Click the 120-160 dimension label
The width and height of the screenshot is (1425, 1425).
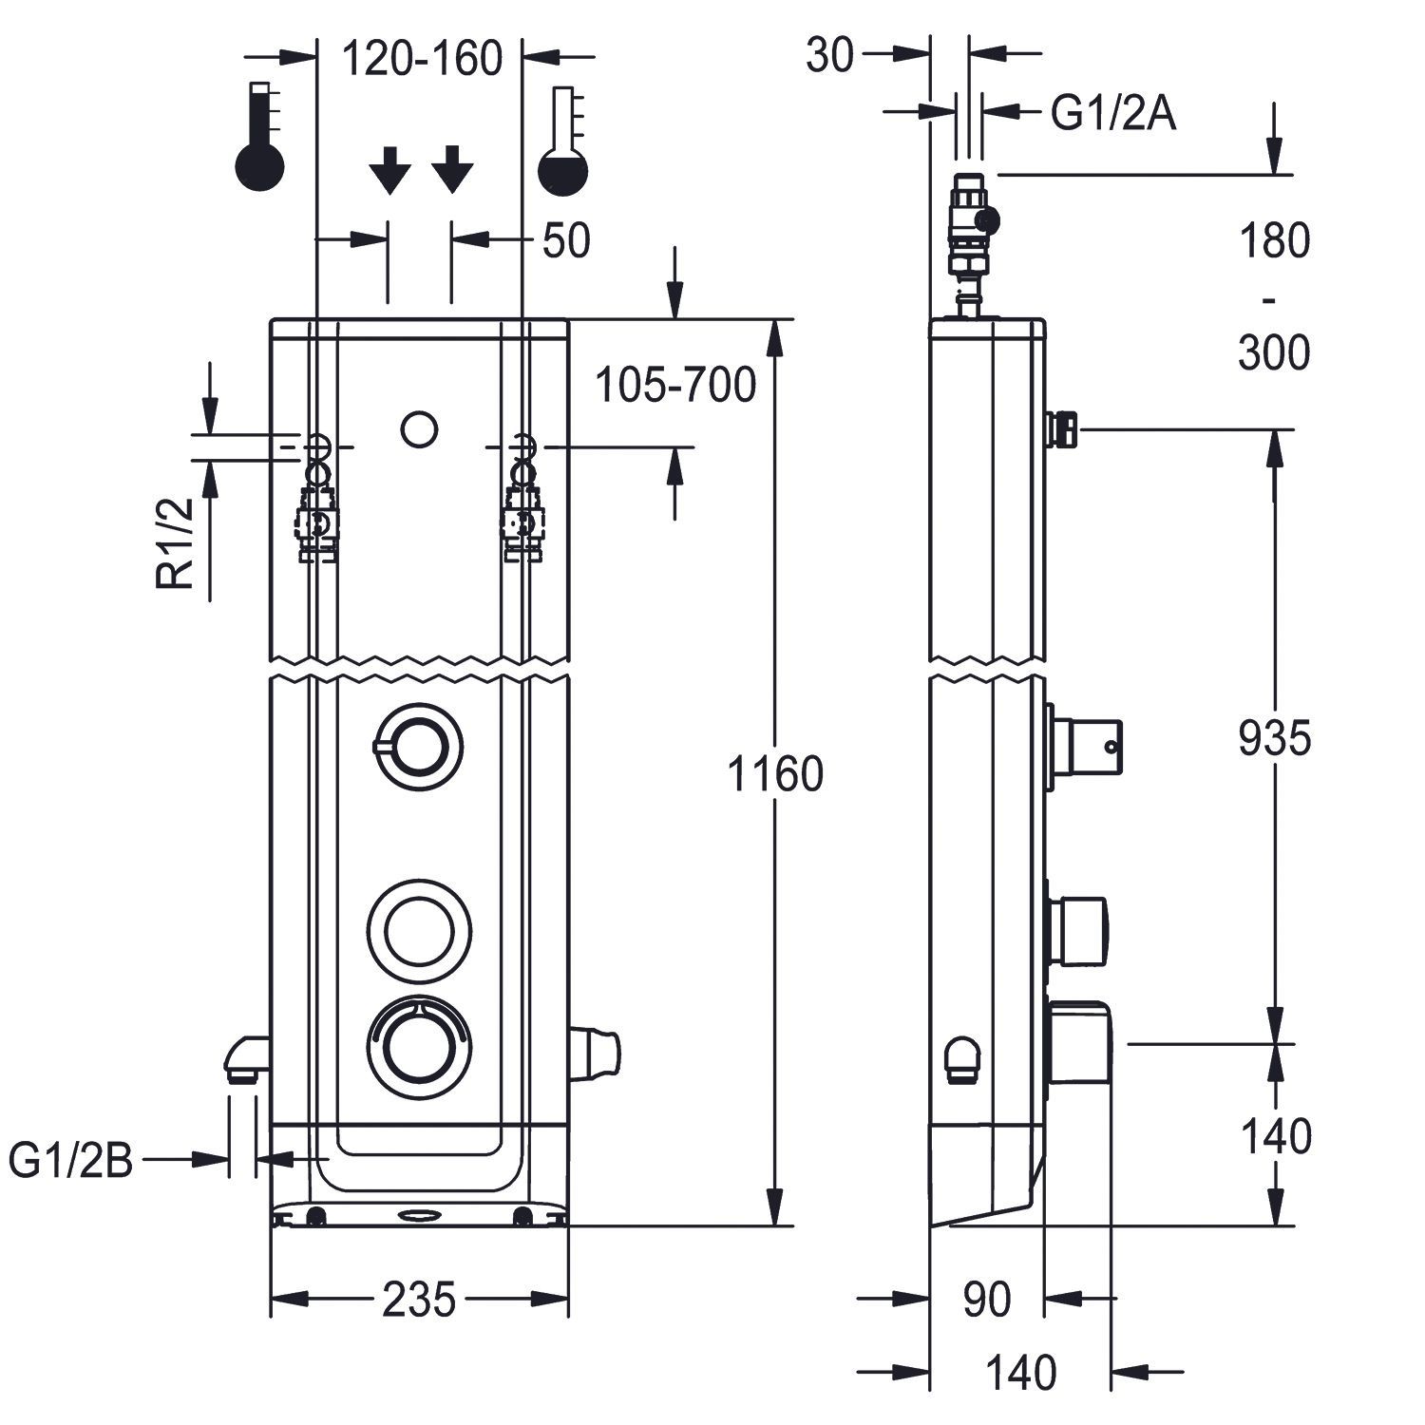[x=421, y=59]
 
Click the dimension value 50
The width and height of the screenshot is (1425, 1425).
[x=566, y=241]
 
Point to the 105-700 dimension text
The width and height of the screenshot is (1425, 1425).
[x=675, y=385]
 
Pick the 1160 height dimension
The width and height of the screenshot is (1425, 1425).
[x=774, y=774]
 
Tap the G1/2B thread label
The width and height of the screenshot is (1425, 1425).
[x=72, y=1160]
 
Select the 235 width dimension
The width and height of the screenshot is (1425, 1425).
[x=419, y=1300]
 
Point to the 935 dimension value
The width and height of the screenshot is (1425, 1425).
[x=1274, y=737]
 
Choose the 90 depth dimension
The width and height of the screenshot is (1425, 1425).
[x=987, y=1300]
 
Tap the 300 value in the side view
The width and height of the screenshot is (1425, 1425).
[x=1274, y=353]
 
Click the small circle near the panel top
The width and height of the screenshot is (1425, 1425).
[x=419, y=429]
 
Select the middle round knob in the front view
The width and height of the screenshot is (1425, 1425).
[x=418, y=929]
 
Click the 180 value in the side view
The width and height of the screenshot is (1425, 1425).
[x=1274, y=241]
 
